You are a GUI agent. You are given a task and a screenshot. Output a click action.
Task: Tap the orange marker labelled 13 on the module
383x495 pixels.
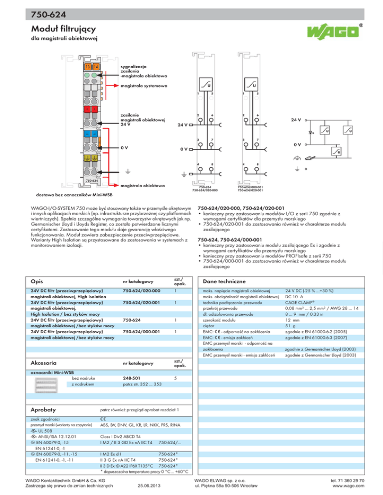point(88,67)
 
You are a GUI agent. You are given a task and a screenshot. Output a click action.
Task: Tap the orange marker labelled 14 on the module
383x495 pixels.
point(96,67)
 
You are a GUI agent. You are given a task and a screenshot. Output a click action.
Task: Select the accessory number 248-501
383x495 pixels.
point(131,377)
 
